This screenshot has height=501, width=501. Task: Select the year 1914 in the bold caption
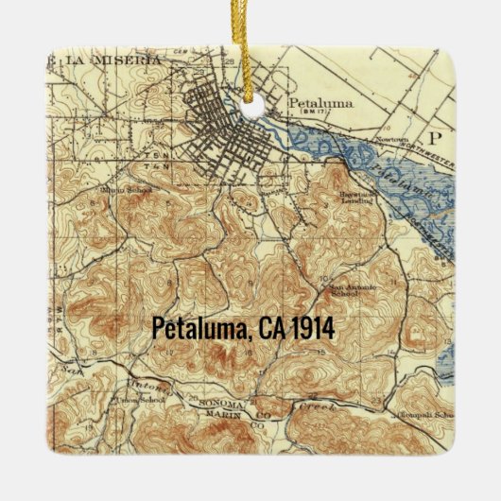point(313,328)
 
